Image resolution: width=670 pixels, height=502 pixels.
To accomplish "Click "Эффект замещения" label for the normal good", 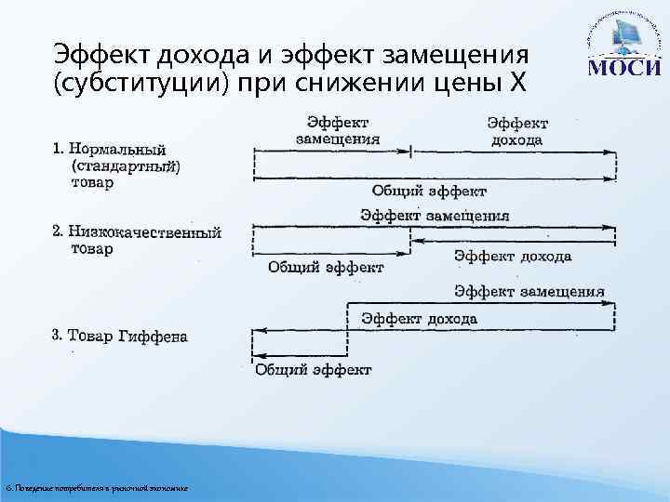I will click(338, 130).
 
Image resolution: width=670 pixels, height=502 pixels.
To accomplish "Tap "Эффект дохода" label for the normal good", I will click(517, 131).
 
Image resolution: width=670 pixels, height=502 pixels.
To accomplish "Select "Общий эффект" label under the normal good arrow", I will click(429, 192).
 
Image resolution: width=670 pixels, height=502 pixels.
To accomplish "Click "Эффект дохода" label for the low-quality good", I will click(513, 256).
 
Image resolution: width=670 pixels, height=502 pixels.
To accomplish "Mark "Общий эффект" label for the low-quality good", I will click(326, 268).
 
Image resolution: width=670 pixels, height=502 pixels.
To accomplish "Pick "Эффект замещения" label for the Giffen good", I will click(529, 292).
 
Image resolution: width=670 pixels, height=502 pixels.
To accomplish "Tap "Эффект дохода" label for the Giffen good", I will click(420, 319).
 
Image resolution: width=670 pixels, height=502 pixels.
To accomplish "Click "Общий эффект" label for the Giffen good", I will click(314, 370).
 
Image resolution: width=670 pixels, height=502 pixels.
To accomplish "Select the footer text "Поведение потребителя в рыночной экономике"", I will click(97, 488).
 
